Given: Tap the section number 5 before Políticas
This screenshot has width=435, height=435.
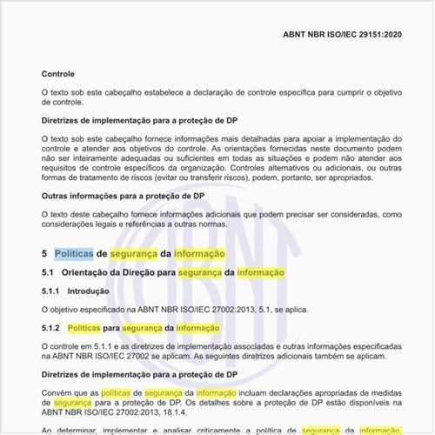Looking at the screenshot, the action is [44, 253].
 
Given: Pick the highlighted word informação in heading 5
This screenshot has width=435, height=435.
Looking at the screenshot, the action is [199, 253].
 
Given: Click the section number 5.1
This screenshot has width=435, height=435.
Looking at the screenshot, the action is [48, 273].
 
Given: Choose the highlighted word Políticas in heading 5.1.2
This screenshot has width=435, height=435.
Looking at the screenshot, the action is [84, 328].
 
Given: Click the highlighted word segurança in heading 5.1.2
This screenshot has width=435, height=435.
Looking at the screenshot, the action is [144, 328].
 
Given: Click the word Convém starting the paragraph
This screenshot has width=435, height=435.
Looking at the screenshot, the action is [58, 392].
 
